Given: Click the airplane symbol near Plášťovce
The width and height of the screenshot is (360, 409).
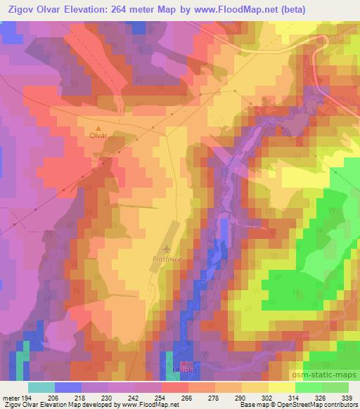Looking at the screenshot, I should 167,249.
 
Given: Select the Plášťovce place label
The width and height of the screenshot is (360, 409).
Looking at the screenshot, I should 167,259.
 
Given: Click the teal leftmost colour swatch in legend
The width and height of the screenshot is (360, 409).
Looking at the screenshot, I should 41,387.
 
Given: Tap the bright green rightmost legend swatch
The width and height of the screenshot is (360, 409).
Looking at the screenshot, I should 335,387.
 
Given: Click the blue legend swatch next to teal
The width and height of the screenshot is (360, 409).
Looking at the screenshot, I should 67,387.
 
